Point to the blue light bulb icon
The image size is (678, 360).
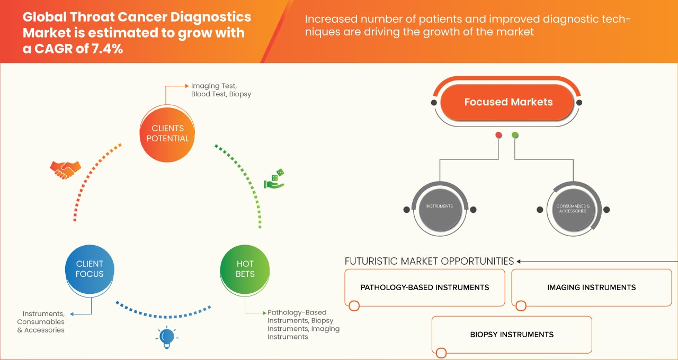pos(167,338)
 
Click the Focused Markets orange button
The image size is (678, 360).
pos(508,102)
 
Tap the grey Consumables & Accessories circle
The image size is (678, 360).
pos(573,208)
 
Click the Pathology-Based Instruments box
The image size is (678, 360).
pos(424,287)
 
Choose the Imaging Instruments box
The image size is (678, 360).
pos(591,287)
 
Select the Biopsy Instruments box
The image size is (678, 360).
pos(512,335)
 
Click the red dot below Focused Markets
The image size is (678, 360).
pos(498,136)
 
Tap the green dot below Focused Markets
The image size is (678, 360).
pos(515,136)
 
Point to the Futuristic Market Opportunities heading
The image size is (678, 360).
pos(429,261)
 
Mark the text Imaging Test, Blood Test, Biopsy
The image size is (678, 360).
pos(221,89)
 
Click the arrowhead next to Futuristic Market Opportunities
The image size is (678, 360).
pos(519,261)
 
